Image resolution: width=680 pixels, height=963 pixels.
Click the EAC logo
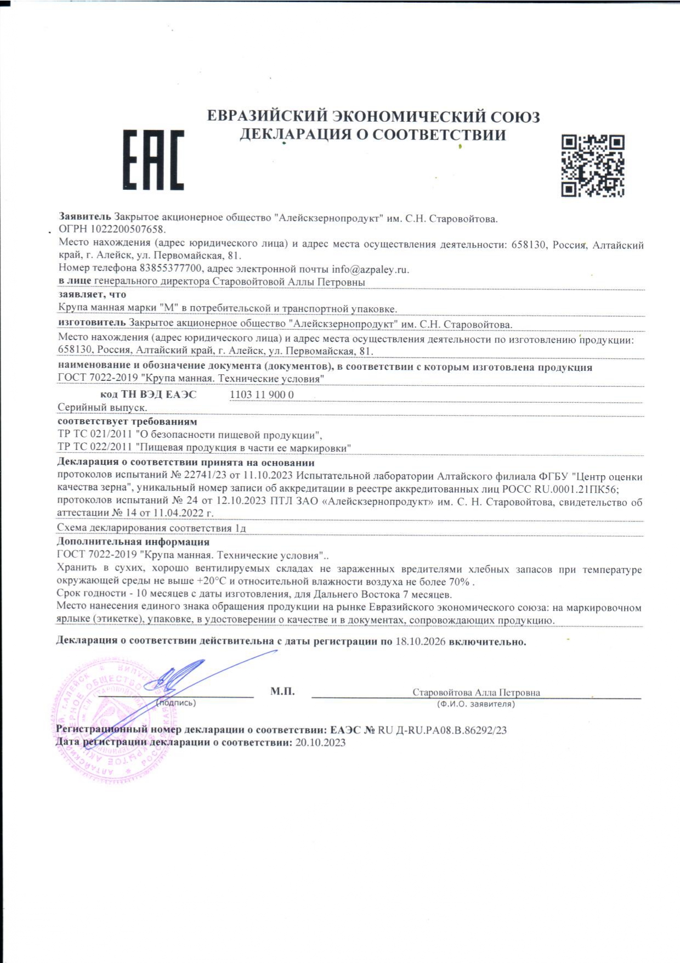tap(153, 160)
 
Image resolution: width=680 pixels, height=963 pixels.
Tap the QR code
tap(593, 165)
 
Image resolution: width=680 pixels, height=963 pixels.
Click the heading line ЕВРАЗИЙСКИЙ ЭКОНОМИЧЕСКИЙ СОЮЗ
tap(373, 117)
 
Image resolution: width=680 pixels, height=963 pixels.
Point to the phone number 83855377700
tap(171, 269)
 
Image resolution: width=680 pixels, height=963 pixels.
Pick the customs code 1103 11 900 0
tap(262, 395)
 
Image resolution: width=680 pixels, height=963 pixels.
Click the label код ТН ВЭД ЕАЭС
tap(148, 395)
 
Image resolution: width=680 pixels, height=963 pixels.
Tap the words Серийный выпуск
tap(102, 408)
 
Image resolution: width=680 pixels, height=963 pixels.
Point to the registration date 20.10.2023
tap(320, 742)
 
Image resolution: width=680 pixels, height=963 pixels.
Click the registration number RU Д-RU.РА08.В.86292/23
tap(442, 730)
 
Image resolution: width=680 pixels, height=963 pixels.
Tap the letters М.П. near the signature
tap(282, 691)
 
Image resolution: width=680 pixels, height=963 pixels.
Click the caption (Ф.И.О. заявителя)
tap(475, 704)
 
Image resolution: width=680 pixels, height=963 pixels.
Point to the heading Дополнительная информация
tap(133, 542)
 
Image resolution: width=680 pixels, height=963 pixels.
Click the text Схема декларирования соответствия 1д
tap(151, 528)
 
